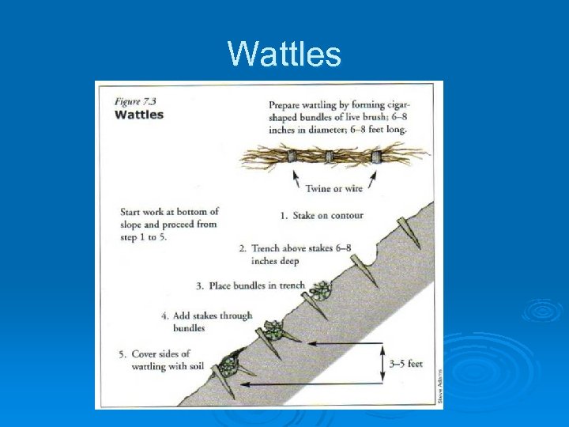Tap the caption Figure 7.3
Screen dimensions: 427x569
pos(138,101)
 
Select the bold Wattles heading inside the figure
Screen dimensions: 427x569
pos(140,115)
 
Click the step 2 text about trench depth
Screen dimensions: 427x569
pos(300,254)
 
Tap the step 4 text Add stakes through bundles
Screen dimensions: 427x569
pos(213,321)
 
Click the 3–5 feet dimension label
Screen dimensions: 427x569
pos(406,365)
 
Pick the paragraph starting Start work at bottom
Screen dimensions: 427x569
pos(168,225)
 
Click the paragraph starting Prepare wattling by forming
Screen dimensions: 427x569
pos(340,117)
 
